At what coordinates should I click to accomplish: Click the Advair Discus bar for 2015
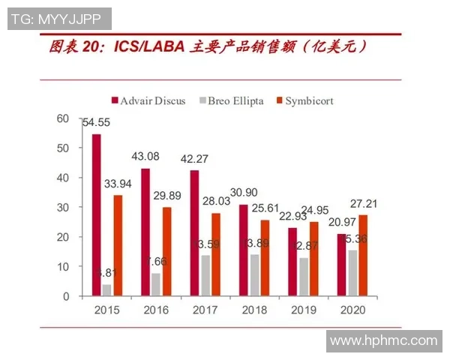96,215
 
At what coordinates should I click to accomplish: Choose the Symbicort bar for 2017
215,255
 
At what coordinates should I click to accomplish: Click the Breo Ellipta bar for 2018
254,275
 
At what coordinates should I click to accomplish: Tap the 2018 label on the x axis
253,310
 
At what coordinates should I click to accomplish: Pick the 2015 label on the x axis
107,310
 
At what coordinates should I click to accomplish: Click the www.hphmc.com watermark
383,340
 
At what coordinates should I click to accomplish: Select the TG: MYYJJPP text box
60,19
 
